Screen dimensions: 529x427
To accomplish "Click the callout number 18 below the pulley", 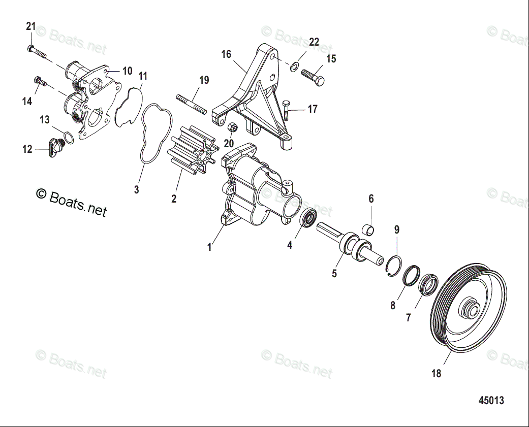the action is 436,374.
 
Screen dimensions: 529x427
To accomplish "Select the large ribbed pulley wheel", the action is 469,309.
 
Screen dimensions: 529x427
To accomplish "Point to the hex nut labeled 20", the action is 231,127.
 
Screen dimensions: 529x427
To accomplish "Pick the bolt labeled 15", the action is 313,77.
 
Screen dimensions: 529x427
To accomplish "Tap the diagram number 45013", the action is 491,401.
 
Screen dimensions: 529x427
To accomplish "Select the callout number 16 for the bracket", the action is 226,54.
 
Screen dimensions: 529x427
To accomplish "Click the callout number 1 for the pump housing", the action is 209,247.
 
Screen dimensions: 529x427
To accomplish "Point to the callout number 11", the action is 143,76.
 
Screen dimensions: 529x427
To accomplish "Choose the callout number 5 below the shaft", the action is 334,274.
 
